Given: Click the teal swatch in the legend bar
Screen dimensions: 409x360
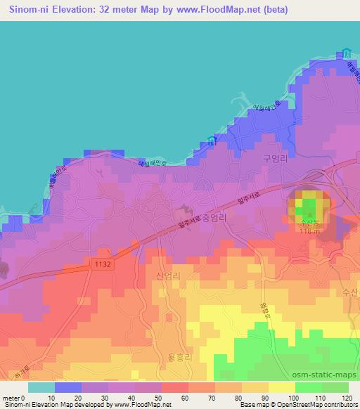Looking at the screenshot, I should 41,387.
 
